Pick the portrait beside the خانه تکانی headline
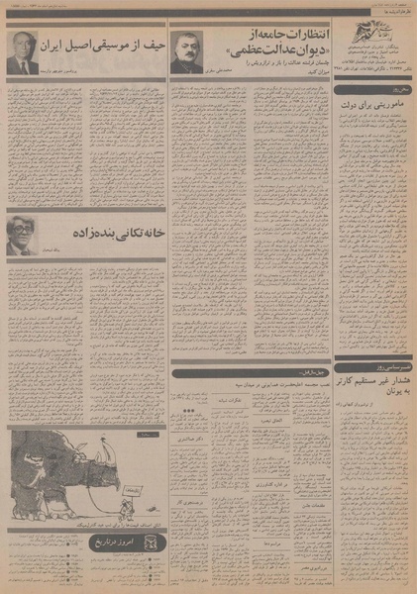[x=21, y=235]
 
